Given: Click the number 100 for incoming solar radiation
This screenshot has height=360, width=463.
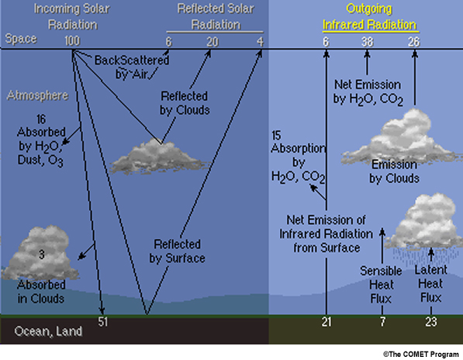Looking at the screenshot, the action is [x=72, y=41].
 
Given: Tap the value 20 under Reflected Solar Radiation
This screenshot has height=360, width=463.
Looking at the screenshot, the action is [x=212, y=42].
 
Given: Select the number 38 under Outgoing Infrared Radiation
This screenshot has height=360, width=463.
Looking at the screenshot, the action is [x=368, y=42].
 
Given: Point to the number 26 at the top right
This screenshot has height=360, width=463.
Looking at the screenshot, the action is [x=413, y=42].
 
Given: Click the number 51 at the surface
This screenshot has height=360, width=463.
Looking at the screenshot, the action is [x=102, y=322].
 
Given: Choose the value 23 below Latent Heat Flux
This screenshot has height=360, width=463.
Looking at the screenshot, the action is [x=431, y=322].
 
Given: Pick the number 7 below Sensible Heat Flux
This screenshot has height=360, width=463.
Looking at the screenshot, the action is [x=382, y=322].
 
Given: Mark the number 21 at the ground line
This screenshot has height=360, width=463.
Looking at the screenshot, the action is [x=327, y=322].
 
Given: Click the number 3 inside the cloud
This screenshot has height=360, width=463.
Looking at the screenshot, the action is [x=42, y=254].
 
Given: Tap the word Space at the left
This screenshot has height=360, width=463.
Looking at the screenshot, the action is [x=21, y=39].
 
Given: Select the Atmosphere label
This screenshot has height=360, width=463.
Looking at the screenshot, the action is [x=37, y=95].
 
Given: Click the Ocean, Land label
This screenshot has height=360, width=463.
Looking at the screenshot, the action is [x=48, y=331].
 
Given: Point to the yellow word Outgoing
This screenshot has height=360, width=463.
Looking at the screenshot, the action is [x=369, y=9].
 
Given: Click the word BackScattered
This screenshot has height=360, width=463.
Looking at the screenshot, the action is [x=132, y=61].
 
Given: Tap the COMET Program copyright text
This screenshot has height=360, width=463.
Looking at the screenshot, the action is [x=421, y=354].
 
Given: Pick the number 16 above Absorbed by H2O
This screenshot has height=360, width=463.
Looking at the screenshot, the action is [x=41, y=119].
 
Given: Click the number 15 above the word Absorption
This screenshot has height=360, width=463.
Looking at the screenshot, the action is [x=276, y=136].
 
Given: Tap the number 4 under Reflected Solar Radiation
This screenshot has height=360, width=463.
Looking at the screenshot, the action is [x=260, y=42].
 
